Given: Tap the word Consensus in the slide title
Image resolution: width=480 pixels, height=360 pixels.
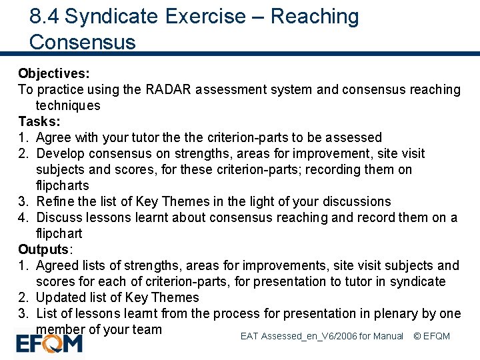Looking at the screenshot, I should pos(83,42).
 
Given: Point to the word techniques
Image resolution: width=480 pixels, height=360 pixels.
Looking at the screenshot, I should pos(68,105).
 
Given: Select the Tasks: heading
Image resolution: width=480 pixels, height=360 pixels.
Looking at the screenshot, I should pos(39,121).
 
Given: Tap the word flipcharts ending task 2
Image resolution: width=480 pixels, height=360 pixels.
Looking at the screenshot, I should pos(63,185).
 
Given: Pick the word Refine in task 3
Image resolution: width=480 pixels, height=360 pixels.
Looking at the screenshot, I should pos(55,201).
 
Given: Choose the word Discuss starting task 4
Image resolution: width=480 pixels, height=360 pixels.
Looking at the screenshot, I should pos(59,217).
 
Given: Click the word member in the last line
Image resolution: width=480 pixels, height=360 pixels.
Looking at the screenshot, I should pos(61,329).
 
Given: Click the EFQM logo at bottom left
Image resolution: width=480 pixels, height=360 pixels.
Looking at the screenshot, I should pos(49,344).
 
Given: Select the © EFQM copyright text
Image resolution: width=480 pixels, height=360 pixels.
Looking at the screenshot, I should pos(432,336).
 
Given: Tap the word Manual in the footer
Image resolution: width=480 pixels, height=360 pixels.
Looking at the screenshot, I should pos(389,336).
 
